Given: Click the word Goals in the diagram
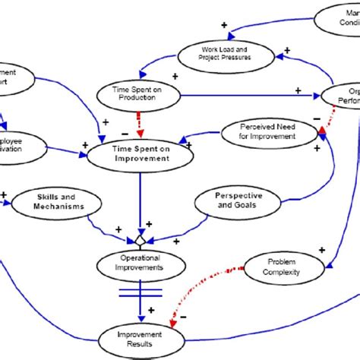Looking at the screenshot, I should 238,206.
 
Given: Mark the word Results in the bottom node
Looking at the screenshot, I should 140,344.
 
